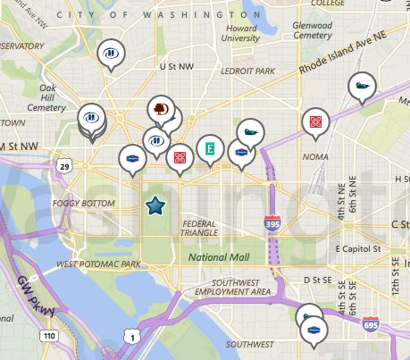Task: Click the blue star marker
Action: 155,207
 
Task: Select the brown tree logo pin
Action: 161,109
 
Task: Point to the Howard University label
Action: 239,33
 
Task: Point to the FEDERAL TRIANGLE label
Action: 200,228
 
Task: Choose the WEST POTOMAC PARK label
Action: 99,264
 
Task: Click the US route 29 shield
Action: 63,166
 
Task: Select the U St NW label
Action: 176,66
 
